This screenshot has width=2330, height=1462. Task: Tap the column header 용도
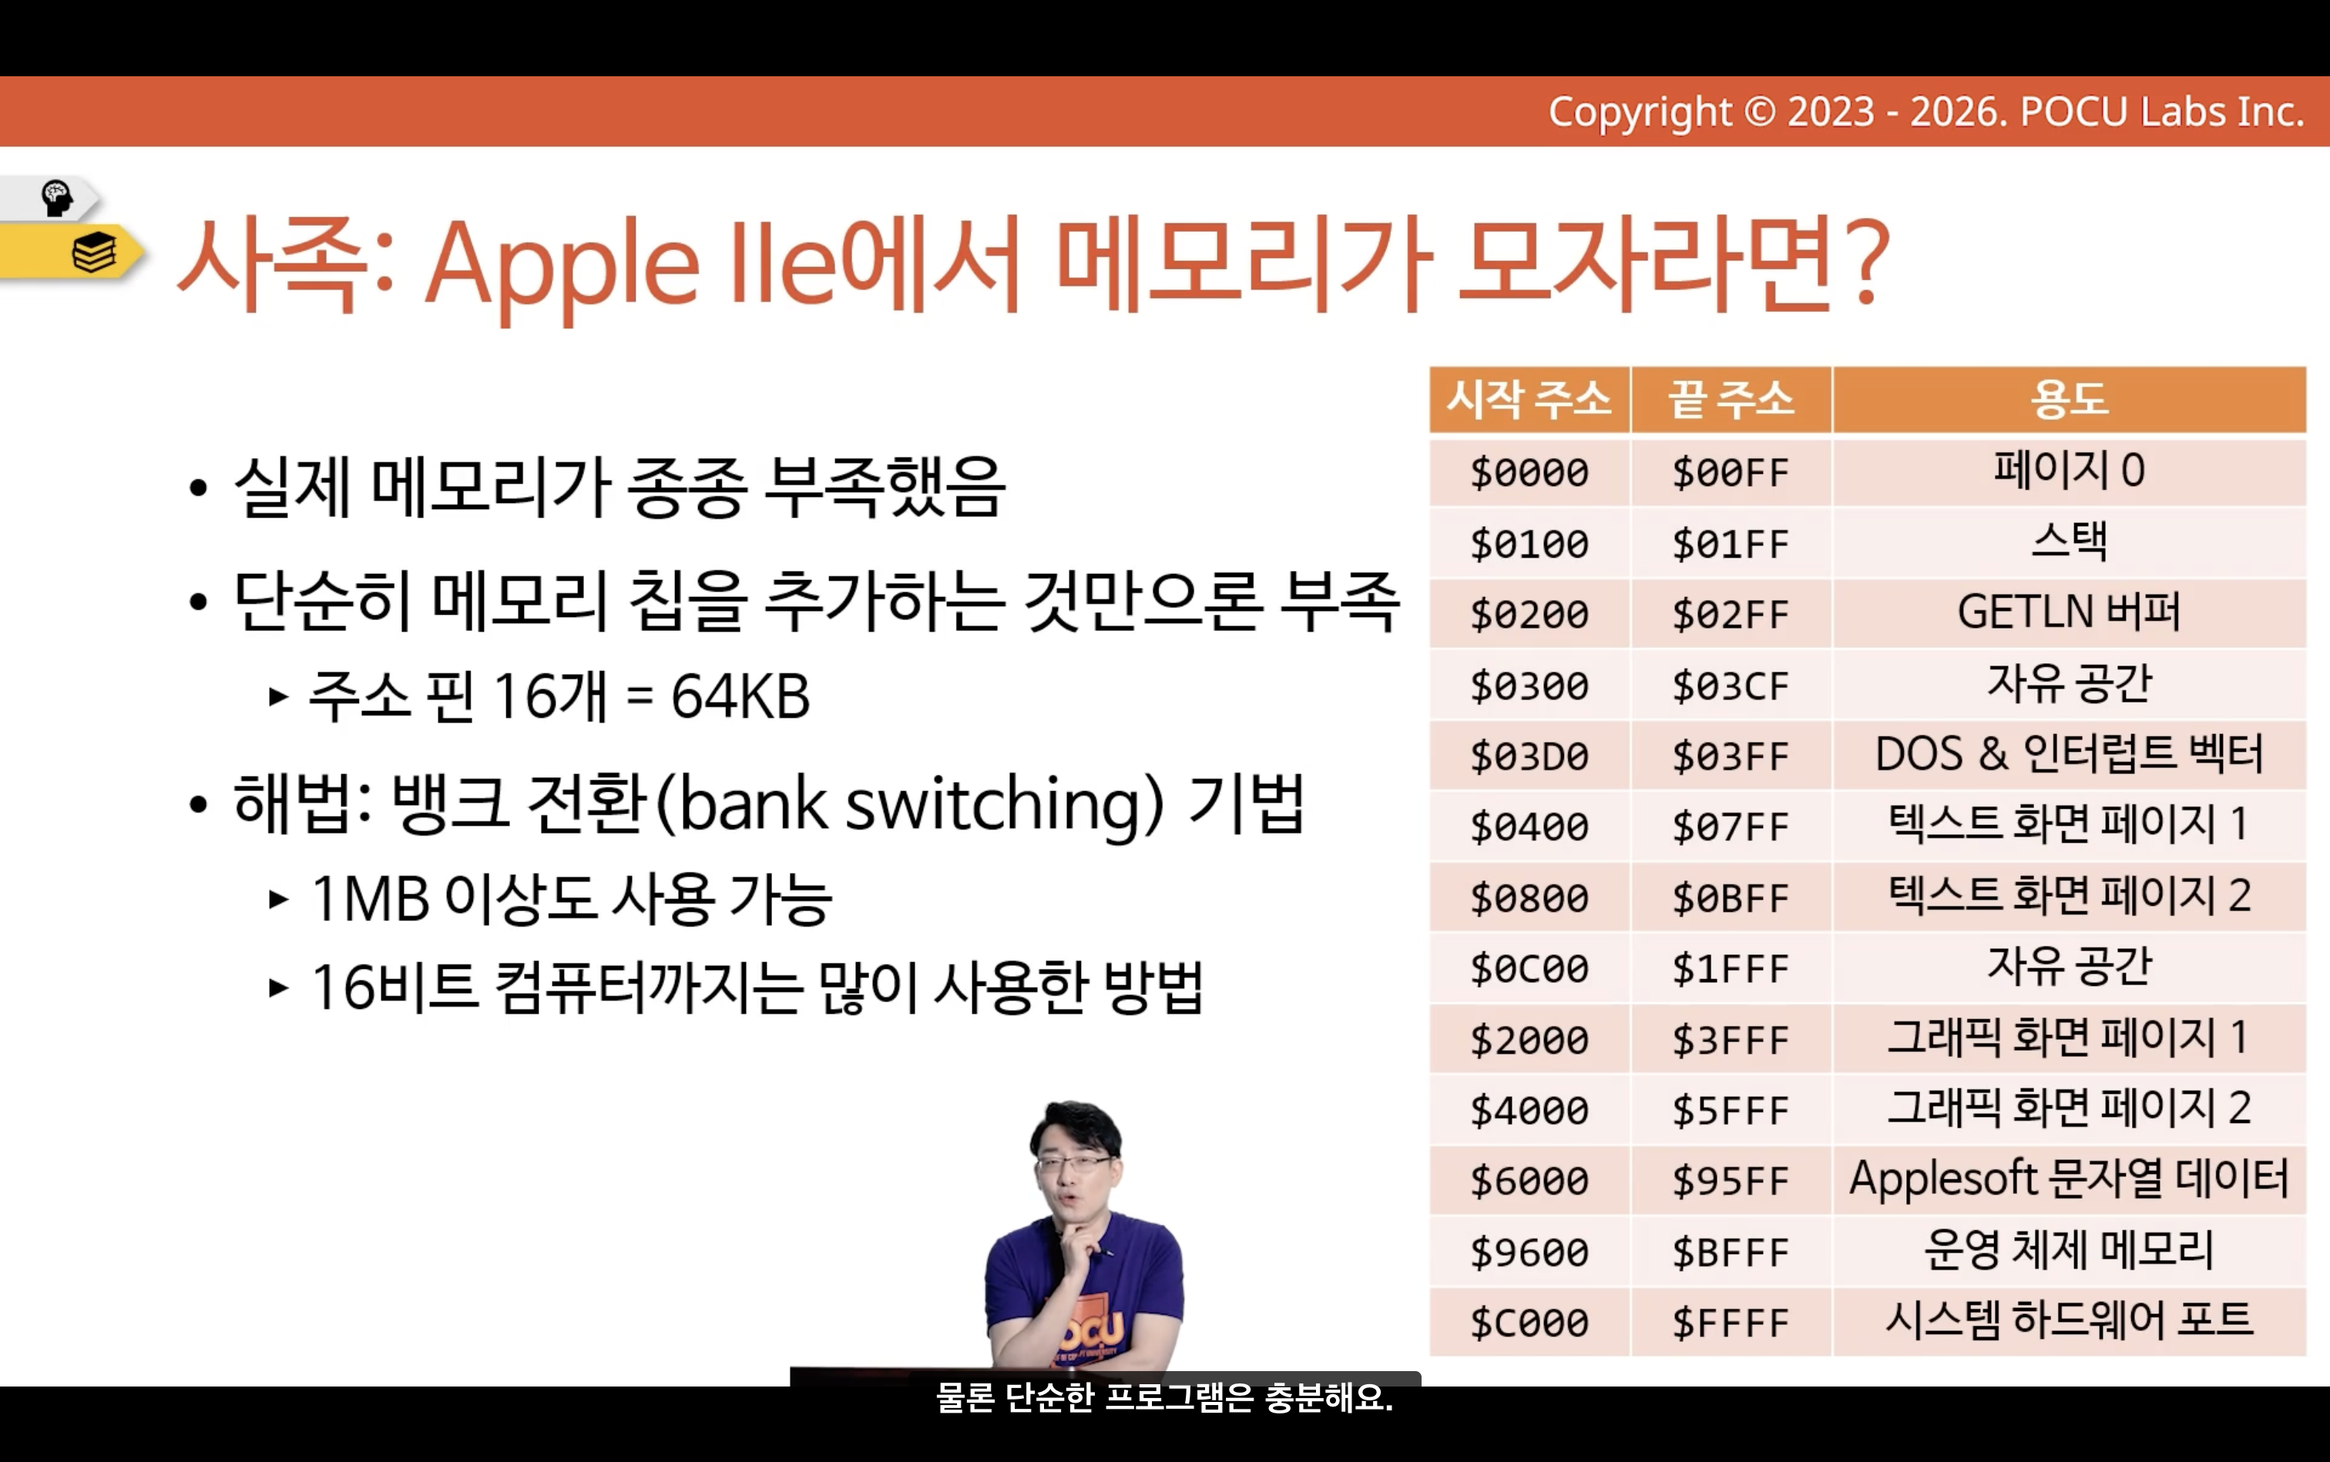coord(2069,399)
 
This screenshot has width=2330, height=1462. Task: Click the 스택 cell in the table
coord(2069,542)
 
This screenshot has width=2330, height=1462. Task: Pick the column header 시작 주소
coord(1529,399)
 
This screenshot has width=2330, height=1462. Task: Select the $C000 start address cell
coord(1529,1323)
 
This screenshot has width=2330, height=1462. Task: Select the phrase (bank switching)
coord(909,804)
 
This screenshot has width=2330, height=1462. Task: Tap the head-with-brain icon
coord(57,198)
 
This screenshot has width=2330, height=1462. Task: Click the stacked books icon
coord(94,253)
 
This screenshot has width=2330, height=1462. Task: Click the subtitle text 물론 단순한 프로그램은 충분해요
coord(1164,1397)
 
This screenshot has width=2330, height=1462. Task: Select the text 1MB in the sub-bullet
coord(371,899)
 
